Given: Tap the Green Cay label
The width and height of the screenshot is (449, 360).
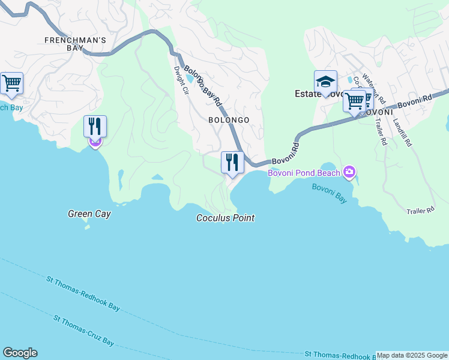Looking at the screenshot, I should (x=89, y=214).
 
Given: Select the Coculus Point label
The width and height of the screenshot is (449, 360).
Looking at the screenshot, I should (x=225, y=218).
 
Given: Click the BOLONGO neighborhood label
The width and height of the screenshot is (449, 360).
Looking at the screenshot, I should (x=229, y=120).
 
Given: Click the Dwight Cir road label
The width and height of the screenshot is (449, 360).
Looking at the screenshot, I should (x=181, y=80).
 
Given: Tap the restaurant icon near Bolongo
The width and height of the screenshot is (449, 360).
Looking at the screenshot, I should (x=232, y=162).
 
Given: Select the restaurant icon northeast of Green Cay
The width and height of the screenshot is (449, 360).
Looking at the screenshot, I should (x=95, y=127).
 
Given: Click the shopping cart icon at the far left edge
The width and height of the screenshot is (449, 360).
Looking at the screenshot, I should (x=11, y=83).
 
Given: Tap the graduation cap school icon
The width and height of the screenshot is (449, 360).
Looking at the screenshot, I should (x=325, y=81).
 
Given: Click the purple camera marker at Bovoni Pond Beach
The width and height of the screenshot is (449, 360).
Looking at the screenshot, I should (x=349, y=173).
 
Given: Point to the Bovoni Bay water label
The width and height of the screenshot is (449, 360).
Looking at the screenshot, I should (x=329, y=193).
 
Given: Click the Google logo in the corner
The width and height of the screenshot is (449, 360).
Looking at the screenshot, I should (x=20, y=353).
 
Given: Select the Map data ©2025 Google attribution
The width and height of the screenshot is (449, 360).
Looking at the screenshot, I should (x=412, y=355).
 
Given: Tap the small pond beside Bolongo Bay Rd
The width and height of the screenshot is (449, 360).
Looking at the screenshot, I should (x=190, y=79).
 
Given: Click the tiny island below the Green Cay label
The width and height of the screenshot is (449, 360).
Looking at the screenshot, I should (x=87, y=227).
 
